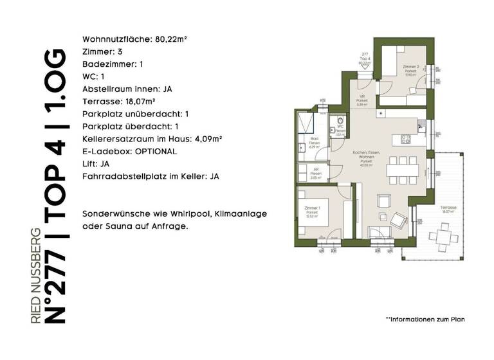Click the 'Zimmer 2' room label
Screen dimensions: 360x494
point(411,67)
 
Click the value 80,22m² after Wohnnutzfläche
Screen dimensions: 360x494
point(170,39)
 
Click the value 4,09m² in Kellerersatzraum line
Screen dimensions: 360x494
point(207,139)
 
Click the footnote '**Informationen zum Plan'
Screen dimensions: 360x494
point(424,319)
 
